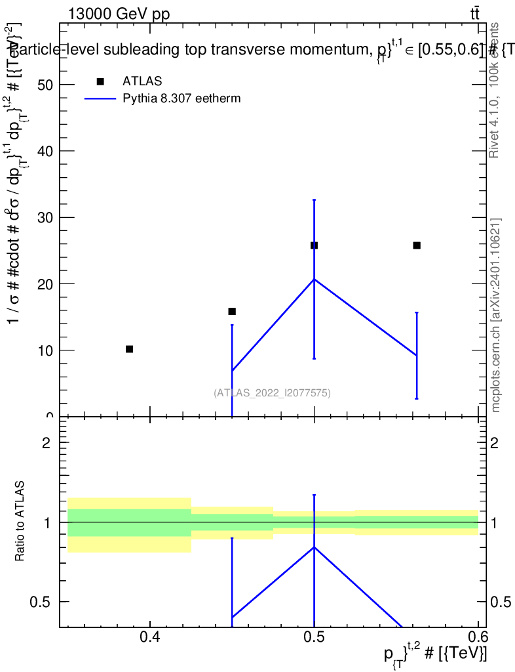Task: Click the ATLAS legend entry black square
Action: tap(100, 81)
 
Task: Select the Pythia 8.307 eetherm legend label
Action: tap(182, 99)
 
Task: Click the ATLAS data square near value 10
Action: tap(129, 349)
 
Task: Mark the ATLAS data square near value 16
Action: tap(232, 311)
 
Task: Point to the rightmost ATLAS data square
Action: tap(417, 245)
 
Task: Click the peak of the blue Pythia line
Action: tap(315, 280)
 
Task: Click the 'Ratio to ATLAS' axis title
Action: tap(20, 522)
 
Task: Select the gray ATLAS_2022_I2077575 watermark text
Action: tap(272, 393)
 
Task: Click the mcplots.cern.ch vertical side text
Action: tap(496, 316)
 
